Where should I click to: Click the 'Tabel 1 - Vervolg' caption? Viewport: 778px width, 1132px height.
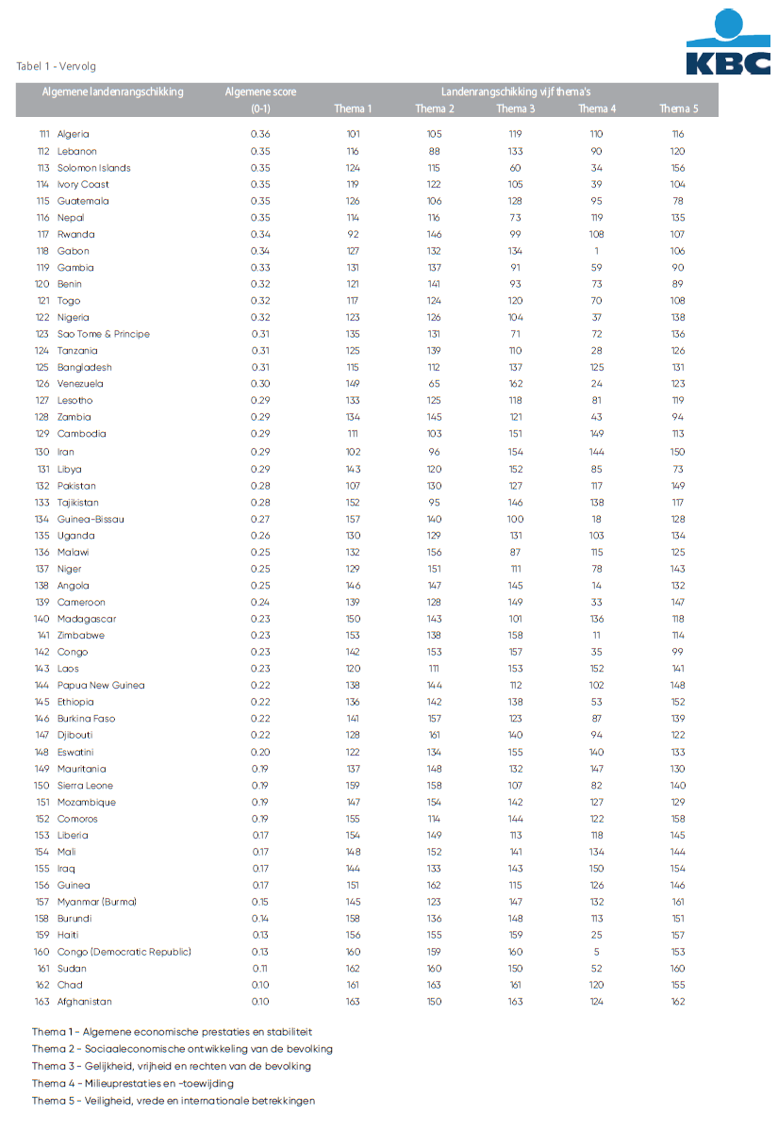pyautogui.click(x=56, y=67)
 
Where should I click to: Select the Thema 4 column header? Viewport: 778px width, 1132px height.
pyautogui.click(x=597, y=109)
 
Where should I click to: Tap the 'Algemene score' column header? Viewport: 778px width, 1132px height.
pyautogui.click(x=260, y=92)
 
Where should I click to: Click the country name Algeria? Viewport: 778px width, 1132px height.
pyautogui.click(x=74, y=134)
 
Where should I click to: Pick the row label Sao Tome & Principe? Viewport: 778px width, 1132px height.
pyautogui.click(x=104, y=334)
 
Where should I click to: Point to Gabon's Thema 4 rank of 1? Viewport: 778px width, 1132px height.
pyautogui.click(x=597, y=251)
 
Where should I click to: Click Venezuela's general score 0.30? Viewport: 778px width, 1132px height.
pyautogui.click(x=260, y=384)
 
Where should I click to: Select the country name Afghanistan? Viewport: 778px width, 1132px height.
pyautogui.click(x=84, y=1002)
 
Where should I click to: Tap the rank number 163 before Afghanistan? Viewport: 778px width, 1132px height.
pyautogui.click(x=41, y=1002)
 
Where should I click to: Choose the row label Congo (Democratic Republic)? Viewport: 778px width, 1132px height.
pyautogui.click(x=124, y=952)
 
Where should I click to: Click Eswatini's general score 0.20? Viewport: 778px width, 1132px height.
pyautogui.click(x=260, y=752)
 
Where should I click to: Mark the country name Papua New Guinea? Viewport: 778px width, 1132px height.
pyautogui.click(x=101, y=685)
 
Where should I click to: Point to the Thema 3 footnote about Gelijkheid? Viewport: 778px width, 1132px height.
pyautogui.click(x=171, y=1066)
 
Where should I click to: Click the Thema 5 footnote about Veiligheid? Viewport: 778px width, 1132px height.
pyautogui.click(x=174, y=1100)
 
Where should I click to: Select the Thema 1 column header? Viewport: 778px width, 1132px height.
pyautogui.click(x=353, y=109)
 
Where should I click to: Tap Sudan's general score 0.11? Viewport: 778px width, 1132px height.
pyautogui.click(x=260, y=969)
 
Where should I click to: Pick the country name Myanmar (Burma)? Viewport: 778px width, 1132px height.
pyautogui.click(x=96, y=902)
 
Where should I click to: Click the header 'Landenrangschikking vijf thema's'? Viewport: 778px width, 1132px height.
pyautogui.click(x=516, y=92)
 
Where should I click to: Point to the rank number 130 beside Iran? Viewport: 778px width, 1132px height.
pyautogui.click(x=41, y=452)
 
